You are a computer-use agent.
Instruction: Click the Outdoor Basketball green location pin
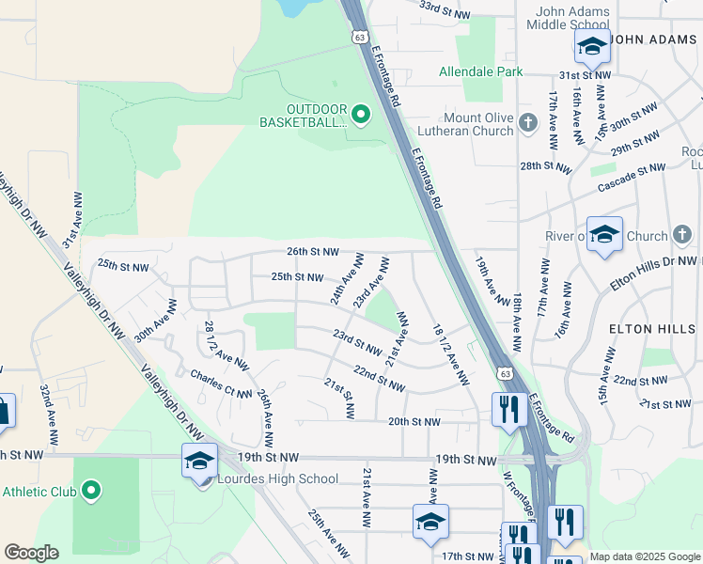362,115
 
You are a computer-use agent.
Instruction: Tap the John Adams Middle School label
572,18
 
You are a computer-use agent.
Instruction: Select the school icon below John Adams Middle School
592,45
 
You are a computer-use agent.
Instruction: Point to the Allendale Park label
481,71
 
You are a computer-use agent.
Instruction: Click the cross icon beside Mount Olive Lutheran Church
527,123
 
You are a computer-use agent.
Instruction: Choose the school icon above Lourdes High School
199,461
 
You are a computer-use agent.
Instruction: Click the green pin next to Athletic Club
90,491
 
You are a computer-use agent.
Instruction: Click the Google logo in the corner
31,553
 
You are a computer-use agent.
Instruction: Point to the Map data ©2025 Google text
645,556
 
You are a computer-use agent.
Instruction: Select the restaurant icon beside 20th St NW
508,408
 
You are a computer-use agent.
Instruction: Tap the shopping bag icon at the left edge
3,411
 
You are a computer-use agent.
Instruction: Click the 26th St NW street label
311,252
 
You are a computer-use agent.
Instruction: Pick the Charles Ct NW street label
221,384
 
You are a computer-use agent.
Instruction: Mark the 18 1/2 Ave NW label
450,354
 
